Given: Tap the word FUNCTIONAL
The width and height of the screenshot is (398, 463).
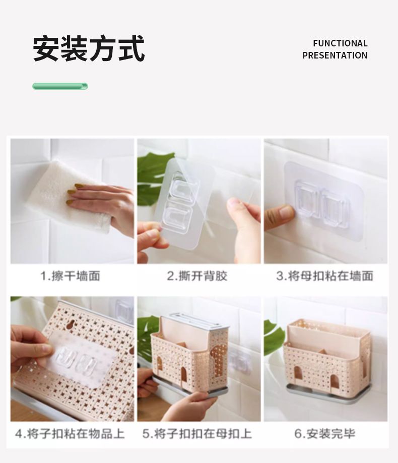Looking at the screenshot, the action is (x=340, y=43).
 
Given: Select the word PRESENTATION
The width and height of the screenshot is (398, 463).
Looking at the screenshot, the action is (x=335, y=55).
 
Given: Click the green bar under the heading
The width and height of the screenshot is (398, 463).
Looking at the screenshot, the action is (x=60, y=86).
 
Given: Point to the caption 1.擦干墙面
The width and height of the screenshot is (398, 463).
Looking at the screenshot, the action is (x=70, y=276).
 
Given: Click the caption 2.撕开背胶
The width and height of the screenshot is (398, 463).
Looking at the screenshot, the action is (x=197, y=276).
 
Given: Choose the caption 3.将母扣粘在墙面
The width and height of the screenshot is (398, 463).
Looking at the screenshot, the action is (x=325, y=276).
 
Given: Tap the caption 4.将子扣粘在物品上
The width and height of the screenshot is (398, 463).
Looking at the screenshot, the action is (x=70, y=434).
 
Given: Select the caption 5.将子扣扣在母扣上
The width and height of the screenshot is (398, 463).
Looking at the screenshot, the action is (x=197, y=434).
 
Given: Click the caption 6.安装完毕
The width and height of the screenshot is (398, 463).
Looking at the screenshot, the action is (x=325, y=434).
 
